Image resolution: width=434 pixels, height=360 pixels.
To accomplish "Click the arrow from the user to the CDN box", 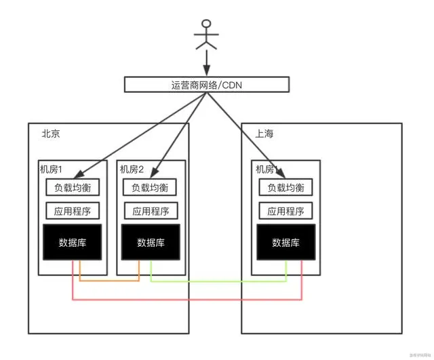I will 207,64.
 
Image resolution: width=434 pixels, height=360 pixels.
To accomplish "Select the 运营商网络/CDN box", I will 207,85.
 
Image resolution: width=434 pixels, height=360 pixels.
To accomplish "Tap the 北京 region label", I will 51,134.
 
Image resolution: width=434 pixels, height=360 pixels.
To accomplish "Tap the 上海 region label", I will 264,134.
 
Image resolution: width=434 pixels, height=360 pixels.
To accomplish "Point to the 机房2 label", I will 132,169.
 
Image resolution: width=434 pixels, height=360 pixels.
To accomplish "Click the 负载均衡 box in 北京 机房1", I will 73,187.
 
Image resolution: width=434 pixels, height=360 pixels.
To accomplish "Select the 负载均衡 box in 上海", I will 285,187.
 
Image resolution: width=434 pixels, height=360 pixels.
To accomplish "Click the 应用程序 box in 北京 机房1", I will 73,211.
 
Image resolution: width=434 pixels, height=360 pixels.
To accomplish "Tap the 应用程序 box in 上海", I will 285,211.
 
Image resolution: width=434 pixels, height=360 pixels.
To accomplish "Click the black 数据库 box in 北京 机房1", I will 73,242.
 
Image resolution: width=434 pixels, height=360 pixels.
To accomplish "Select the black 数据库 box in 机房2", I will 151,242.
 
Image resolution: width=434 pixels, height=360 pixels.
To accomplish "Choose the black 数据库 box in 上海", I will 285,242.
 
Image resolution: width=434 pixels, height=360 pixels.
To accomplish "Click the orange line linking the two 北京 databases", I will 108,279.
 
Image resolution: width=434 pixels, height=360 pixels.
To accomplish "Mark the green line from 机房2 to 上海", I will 217,279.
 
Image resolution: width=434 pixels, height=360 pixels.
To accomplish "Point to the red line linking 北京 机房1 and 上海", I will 186,298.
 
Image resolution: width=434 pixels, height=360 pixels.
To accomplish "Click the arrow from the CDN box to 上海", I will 244,132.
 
